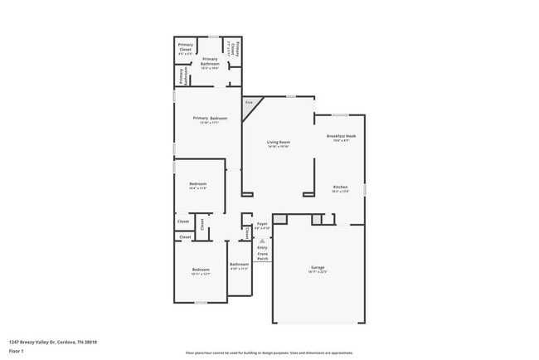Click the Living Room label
click(278, 143)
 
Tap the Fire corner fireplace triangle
click(250, 105)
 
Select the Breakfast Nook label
click(340, 138)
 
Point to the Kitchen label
click(340, 188)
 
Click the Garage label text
click(318, 269)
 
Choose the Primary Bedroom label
click(210, 119)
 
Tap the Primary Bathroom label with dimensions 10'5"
click(210, 61)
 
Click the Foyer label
click(262, 225)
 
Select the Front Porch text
click(262, 256)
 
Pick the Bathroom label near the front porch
click(239, 265)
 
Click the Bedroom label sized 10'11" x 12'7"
click(202, 271)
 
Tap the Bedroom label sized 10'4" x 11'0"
click(197, 185)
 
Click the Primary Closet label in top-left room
click(184, 48)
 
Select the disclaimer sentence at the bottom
click(269, 353)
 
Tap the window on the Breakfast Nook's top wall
click(340, 114)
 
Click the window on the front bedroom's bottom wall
click(200, 303)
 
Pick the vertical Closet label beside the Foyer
click(248, 231)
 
